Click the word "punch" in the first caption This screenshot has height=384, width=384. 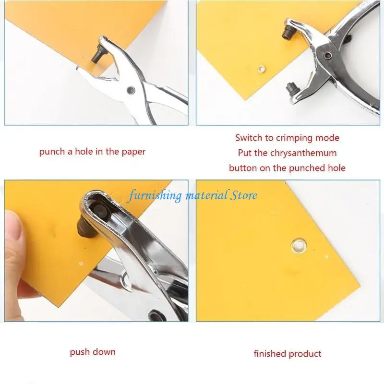point(52,152)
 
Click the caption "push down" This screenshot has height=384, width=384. point(93,352)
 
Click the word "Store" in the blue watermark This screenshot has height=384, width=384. point(244,195)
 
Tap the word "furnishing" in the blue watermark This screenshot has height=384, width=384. point(156,196)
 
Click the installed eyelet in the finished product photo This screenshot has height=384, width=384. point(299,246)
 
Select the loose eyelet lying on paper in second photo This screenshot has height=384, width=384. point(262,69)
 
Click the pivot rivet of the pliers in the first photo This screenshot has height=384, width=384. point(131,90)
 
